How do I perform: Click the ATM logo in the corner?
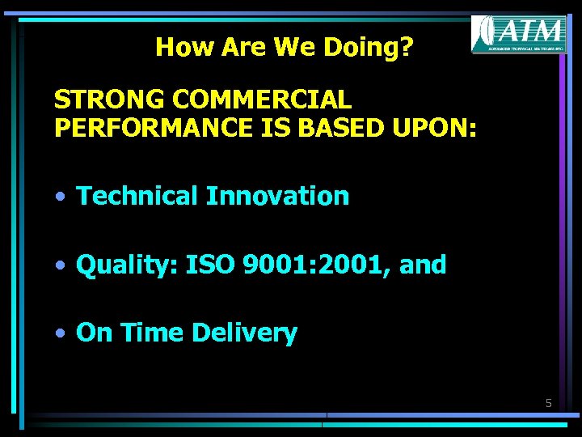tap(519, 34)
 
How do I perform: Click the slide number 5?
tap(548, 402)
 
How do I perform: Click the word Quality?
tap(127, 265)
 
